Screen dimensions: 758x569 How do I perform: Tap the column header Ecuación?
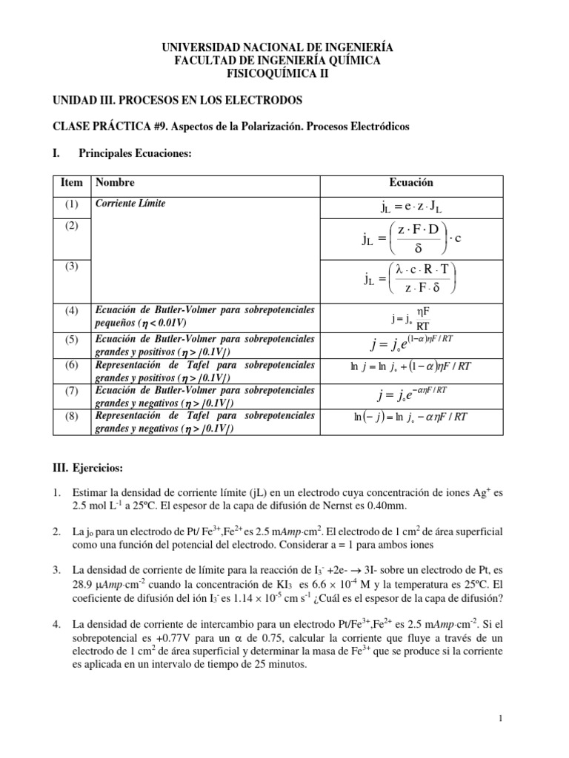(410, 183)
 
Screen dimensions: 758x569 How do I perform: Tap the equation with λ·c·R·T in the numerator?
(410, 278)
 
